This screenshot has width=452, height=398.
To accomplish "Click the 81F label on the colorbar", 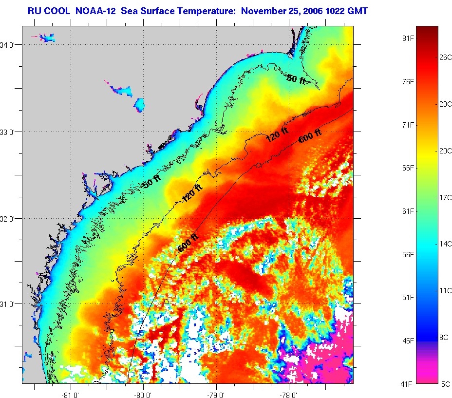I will coord(407,38).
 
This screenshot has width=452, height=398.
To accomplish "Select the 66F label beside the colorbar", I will coord(407,168).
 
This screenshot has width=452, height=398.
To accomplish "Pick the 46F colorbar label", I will coord(407,341).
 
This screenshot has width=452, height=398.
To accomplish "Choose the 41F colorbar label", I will coord(407,384).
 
